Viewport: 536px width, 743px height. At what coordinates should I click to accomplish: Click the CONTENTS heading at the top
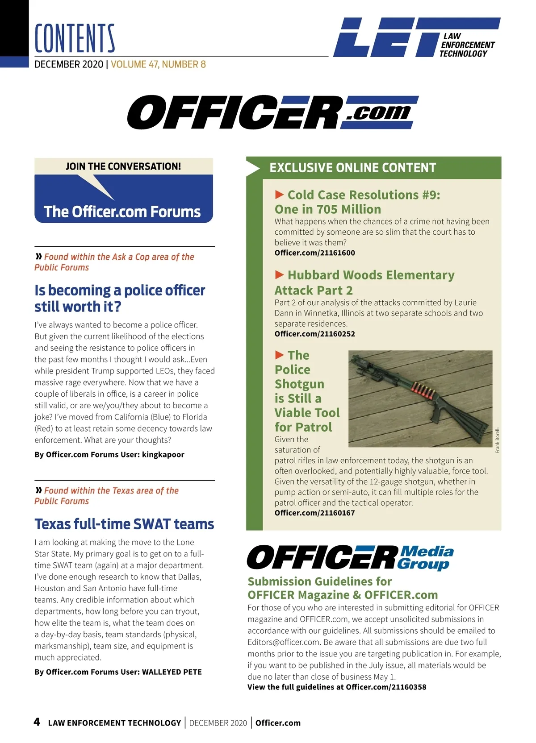[75, 38]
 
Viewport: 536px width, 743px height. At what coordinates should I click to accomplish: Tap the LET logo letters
[384, 37]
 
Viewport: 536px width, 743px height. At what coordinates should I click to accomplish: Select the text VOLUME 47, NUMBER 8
[158, 64]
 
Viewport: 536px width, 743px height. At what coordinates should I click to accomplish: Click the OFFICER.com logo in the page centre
[272, 112]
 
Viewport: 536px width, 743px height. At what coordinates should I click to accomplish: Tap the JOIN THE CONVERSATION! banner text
[123, 166]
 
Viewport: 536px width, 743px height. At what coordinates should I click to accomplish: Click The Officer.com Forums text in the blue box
[122, 212]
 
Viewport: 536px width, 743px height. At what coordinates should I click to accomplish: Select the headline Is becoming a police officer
[120, 291]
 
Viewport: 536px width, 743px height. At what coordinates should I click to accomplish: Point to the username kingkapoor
[163, 455]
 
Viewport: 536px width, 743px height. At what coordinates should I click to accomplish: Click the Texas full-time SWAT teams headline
[124, 524]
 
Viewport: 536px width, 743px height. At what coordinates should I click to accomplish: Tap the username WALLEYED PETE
[172, 672]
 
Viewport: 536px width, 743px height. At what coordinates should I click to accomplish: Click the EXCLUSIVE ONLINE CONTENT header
[352, 168]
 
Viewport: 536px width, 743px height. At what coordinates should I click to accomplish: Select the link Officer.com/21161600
[314, 253]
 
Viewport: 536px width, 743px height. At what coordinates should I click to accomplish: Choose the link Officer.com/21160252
[314, 334]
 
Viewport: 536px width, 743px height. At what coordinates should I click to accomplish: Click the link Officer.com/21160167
[314, 513]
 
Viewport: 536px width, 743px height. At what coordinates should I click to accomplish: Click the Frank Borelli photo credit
[498, 440]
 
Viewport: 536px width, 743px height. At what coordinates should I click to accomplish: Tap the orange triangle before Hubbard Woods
[280, 274]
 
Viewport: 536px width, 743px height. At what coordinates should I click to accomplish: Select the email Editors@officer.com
[283, 643]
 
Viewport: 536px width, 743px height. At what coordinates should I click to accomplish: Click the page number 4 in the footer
[37, 722]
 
